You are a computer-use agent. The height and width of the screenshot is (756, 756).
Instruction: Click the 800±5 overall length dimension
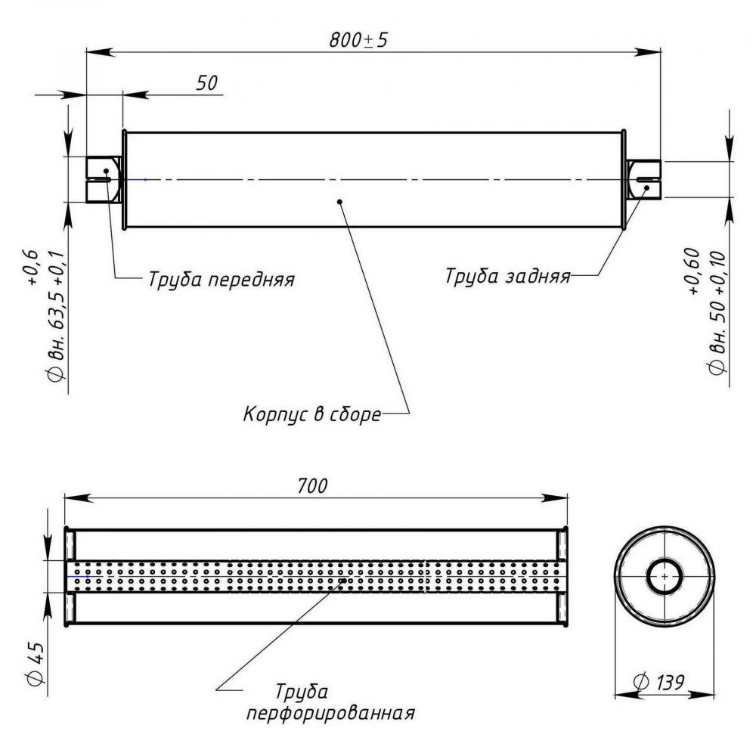click(358, 40)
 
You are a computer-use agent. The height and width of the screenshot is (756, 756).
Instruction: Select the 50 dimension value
click(207, 83)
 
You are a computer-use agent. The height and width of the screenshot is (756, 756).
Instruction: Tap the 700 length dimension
click(312, 486)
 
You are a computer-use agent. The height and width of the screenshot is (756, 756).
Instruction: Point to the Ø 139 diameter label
click(658, 682)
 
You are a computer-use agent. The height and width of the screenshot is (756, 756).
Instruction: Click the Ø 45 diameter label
click(36, 664)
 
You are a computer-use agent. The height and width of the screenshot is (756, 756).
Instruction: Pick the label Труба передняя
click(222, 279)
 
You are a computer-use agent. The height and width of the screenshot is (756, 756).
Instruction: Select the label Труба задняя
click(508, 276)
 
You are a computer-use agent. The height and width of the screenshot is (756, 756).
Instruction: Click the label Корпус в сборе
click(312, 414)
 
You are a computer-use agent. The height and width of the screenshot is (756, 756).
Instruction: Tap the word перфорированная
click(331, 714)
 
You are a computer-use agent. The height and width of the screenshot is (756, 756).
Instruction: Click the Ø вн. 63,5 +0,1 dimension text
click(56, 317)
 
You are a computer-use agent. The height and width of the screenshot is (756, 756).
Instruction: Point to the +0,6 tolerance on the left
click(30, 268)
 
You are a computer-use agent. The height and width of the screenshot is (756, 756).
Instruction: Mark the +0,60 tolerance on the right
click(692, 271)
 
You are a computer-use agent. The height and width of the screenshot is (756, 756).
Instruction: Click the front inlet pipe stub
click(103, 179)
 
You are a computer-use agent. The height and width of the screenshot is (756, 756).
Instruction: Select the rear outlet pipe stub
click(643, 179)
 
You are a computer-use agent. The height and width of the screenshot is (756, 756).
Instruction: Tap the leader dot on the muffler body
click(340, 202)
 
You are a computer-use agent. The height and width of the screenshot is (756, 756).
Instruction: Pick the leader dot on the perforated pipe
click(344, 581)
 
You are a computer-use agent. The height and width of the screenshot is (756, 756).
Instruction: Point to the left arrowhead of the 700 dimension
click(78, 498)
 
